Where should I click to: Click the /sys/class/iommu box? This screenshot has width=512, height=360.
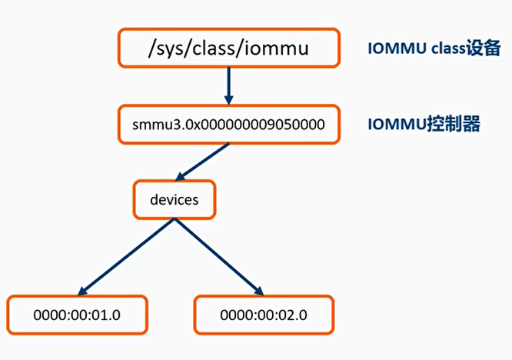pos(228,48)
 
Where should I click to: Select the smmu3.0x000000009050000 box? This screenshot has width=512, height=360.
pos(228,124)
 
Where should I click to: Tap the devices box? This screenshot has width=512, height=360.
pos(175,199)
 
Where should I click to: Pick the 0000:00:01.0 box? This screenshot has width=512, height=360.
pos(77,315)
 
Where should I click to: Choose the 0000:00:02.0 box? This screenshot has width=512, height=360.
pos(264,315)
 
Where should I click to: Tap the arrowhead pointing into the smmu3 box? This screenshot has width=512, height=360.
pos(228,99)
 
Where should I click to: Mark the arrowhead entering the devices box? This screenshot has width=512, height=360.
pos(182,176)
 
